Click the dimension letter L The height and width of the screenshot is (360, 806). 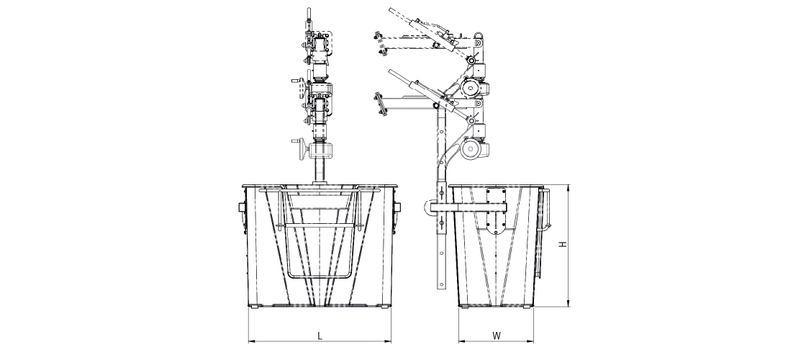tap(320, 336)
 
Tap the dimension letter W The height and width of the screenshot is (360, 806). tap(496, 336)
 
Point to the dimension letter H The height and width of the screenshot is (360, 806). tap(563, 246)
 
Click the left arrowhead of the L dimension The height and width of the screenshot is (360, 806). tap(251, 341)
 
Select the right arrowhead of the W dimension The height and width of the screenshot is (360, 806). tap(530, 341)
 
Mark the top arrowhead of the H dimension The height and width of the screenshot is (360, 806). tap(569, 188)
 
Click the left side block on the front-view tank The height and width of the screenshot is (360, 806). tap(242, 207)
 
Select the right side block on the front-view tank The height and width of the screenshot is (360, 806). tap(397, 207)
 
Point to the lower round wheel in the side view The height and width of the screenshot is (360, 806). tap(470, 149)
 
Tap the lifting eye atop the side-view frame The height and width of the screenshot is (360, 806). tap(479, 37)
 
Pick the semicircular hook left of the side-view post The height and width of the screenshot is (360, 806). tap(428, 207)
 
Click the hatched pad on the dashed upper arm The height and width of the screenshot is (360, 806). tap(380, 45)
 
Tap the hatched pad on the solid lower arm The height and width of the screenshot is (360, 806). tap(380, 105)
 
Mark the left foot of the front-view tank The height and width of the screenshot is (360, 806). tap(256, 307)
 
